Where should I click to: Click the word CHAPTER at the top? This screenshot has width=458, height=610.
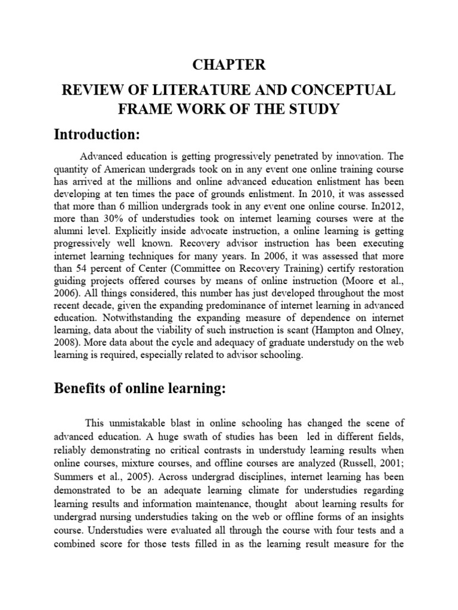coord(229,64)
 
